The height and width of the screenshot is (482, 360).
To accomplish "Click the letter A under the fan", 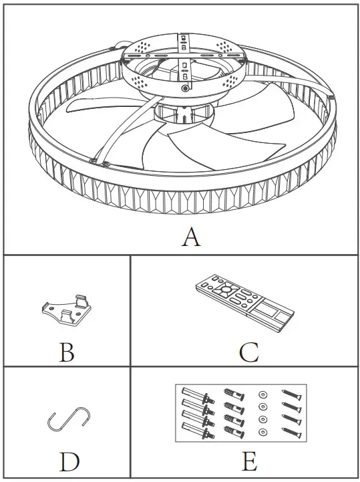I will click(191, 236).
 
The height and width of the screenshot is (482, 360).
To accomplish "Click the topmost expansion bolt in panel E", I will click(194, 394).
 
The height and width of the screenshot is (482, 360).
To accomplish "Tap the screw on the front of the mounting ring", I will click(185, 88).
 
